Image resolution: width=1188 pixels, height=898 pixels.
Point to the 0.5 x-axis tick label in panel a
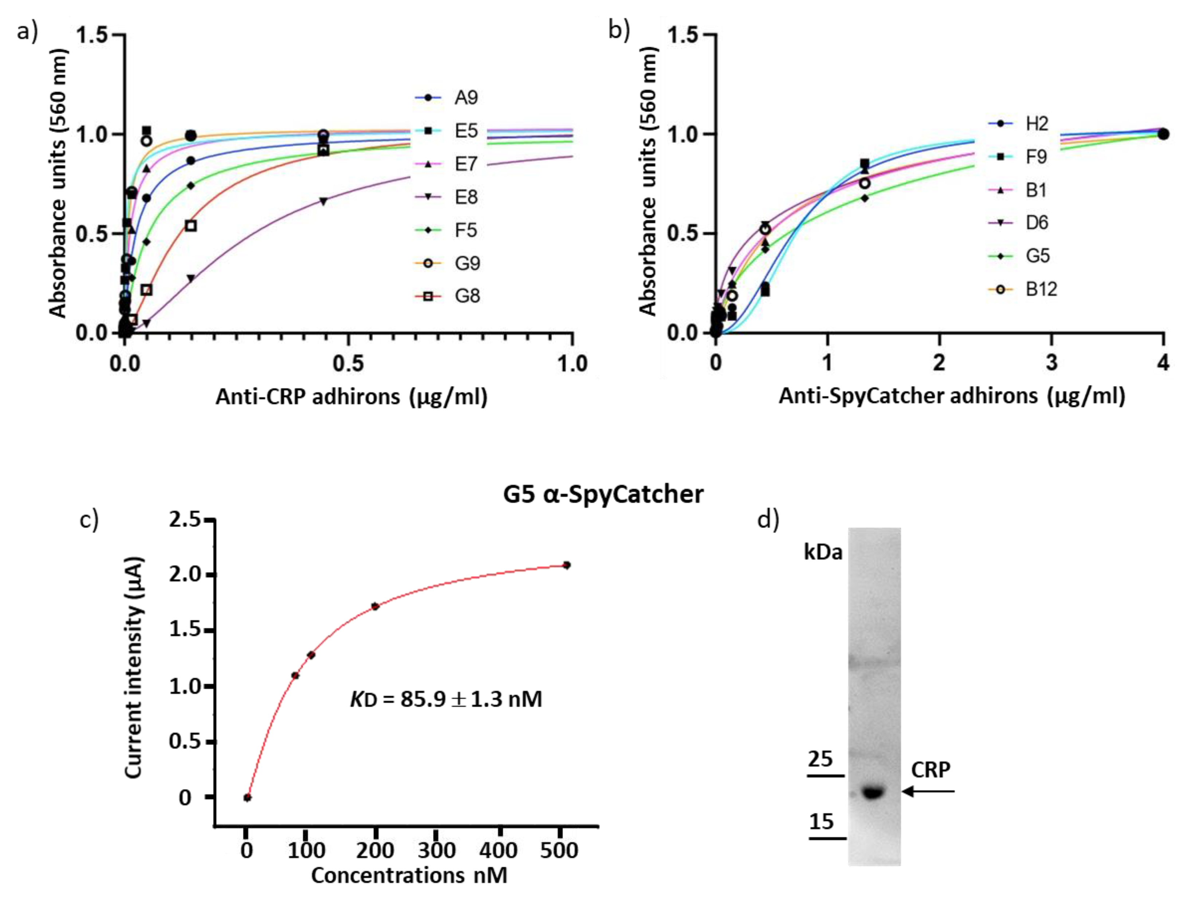coord(348,364)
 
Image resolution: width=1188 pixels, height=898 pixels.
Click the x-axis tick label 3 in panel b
coord(1051,363)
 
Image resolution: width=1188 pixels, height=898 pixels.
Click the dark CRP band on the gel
coord(873,792)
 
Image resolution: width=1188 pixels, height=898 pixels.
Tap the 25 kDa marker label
coord(820,759)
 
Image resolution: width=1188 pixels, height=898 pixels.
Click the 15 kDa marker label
coord(821,822)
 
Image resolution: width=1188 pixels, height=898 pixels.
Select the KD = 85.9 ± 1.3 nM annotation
coord(446,699)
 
